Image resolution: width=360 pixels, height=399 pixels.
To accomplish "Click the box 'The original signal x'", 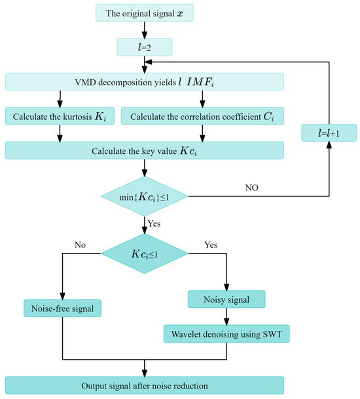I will [x=145, y=12].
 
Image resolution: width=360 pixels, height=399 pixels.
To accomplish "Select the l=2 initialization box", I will [x=145, y=47].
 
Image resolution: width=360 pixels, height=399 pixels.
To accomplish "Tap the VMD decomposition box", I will [x=145, y=81].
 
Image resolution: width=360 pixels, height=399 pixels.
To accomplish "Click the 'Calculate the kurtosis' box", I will [x=60, y=116].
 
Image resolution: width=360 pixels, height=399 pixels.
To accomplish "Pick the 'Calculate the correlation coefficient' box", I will [x=202, y=116].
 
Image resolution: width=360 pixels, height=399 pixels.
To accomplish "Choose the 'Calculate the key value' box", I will [x=145, y=150].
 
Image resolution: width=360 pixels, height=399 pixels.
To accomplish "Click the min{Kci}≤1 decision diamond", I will [x=145, y=195].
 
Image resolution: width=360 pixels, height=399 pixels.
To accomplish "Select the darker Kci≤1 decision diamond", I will [x=145, y=252].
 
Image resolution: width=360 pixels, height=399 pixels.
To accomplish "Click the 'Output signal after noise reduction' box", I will [x=145, y=385].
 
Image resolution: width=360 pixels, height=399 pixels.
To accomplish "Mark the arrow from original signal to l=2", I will [x=145, y=29].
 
